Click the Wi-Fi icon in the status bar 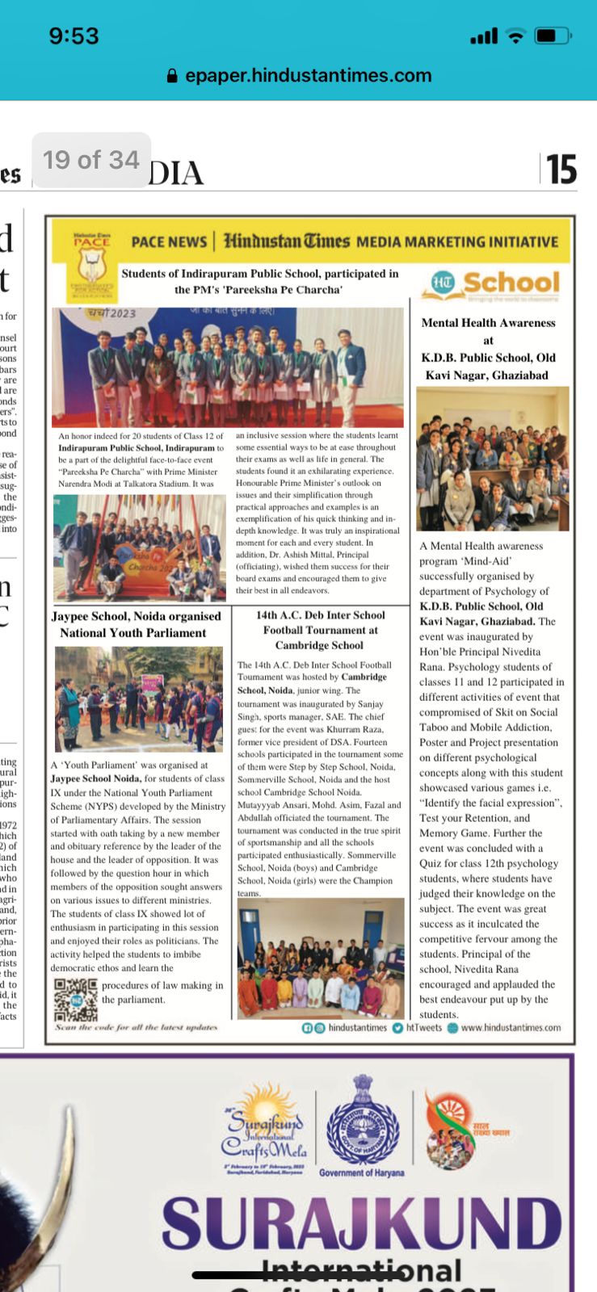[x=515, y=36]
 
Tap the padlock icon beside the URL [x=171, y=76]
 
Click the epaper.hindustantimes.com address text [x=309, y=75]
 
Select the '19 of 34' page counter [x=91, y=160]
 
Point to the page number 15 [x=561, y=170]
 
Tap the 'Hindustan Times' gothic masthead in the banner [x=287, y=241]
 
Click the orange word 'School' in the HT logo [x=511, y=283]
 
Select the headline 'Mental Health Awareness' [x=488, y=323]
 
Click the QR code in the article [x=76, y=1000]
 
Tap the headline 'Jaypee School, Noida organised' [x=136, y=616]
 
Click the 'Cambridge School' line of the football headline [x=319, y=645]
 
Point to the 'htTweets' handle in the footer [x=423, y=1028]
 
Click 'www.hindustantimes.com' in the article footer [x=511, y=1028]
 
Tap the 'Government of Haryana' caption [x=361, y=1172]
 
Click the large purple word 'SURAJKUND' [x=361, y=1223]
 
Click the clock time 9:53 [x=74, y=36]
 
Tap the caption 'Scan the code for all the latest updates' [x=136, y=1027]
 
